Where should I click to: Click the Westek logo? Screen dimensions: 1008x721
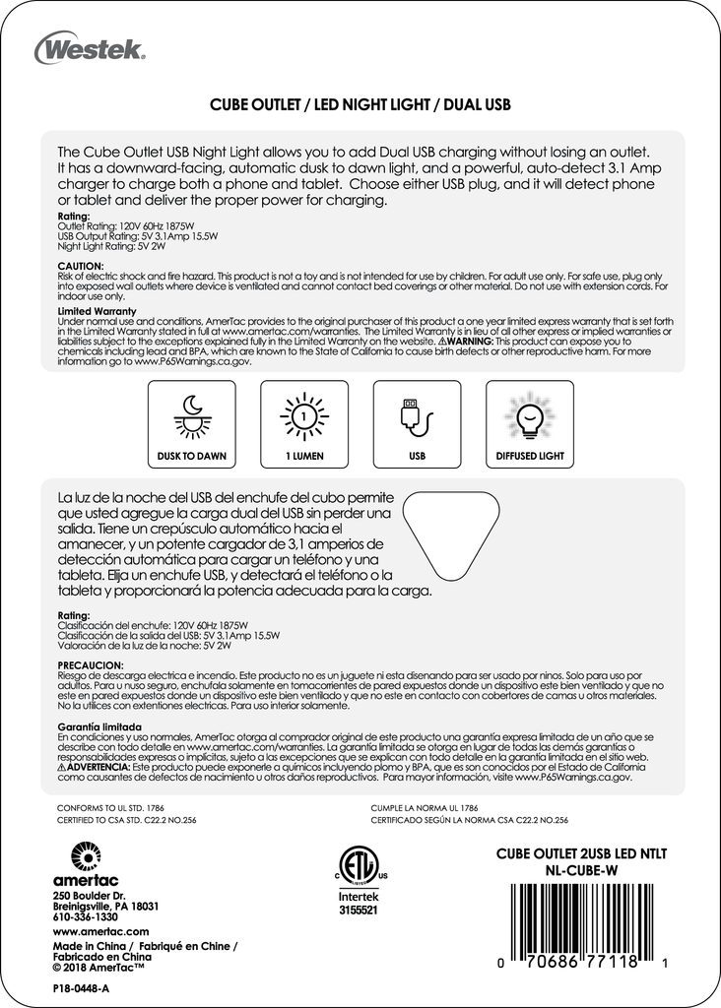coord(90,46)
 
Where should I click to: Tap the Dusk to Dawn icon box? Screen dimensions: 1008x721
coord(191,423)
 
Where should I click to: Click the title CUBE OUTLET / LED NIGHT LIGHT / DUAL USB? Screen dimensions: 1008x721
coord(360,103)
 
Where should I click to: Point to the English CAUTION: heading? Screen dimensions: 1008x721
coord(81,266)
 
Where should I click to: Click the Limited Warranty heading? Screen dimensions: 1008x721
coord(97,311)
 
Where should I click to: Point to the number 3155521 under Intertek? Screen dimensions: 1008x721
coord(358,912)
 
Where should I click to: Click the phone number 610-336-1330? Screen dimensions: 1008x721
coord(85,916)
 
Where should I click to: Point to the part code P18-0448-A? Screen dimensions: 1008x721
coord(81,986)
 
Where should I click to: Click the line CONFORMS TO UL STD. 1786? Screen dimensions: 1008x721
coord(111,806)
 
